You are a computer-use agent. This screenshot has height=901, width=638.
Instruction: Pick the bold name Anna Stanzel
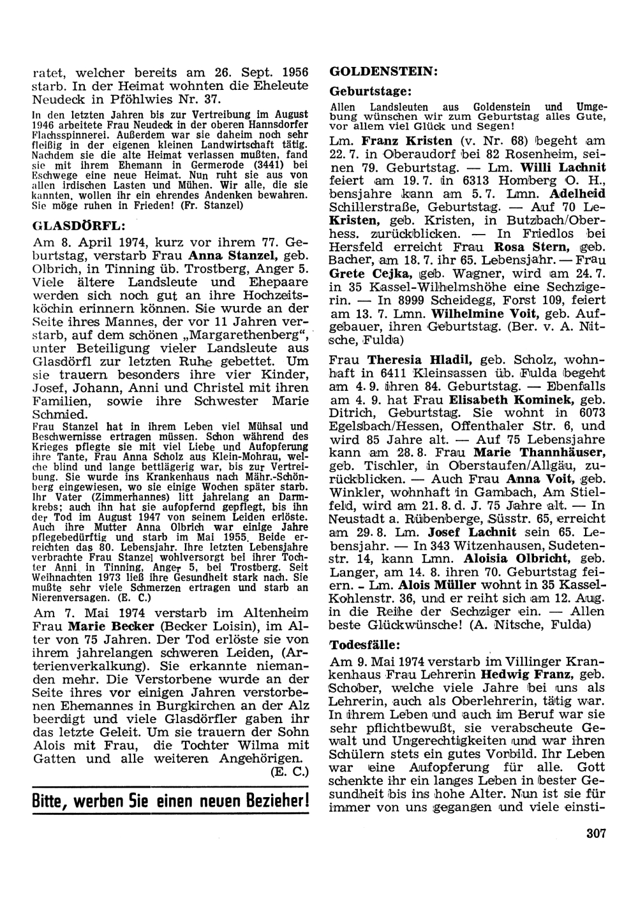[218, 256]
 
